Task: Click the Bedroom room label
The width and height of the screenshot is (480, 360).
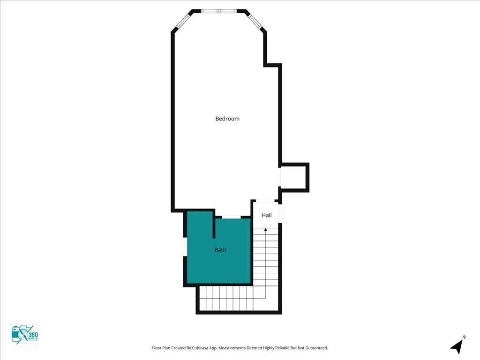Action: pyautogui.click(x=227, y=119)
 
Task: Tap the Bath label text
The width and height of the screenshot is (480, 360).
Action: pyautogui.click(x=220, y=250)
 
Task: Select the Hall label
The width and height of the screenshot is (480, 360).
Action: pyautogui.click(x=267, y=215)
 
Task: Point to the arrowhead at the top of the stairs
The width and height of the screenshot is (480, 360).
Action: pyautogui.click(x=266, y=229)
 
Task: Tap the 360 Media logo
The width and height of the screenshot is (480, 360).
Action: pyautogui.click(x=24, y=335)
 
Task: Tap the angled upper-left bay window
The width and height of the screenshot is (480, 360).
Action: pyautogui.click(x=183, y=21)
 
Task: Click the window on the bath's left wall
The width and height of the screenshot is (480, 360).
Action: pyautogui.click(x=185, y=247)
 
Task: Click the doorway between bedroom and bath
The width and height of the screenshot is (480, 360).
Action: pyautogui.click(x=231, y=217)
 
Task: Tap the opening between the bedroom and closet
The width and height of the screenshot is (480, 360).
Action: pyautogui.click(x=280, y=177)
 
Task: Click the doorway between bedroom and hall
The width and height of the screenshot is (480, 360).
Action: pyautogui.click(x=265, y=201)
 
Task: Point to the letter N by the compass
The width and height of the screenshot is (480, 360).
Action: pyautogui.click(x=464, y=337)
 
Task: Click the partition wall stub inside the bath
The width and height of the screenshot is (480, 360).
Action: pyautogui.click(x=214, y=225)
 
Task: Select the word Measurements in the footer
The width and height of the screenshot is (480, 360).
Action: pyautogui.click(x=232, y=348)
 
